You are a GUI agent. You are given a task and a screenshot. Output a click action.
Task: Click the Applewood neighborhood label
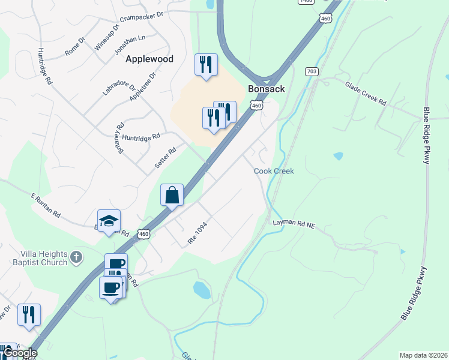click(x=149, y=59)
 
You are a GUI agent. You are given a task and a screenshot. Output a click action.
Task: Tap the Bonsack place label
click(x=266, y=89)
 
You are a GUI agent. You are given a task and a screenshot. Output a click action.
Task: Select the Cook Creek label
click(x=274, y=171)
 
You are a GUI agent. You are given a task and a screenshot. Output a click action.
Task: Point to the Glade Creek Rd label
click(x=365, y=94)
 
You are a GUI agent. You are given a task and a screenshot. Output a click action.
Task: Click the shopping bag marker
click(x=172, y=196)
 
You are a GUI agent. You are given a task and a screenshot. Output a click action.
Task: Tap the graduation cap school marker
click(x=109, y=221)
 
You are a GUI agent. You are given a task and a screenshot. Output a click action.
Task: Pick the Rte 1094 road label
click(x=197, y=233)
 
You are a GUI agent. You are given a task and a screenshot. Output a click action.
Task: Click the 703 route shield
click(x=311, y=71)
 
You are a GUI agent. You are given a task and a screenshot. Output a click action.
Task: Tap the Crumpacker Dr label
click(x=142, y=16)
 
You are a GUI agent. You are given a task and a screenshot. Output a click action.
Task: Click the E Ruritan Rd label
click(x=46, y=205)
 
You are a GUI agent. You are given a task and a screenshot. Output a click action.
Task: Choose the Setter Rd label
click(x=164, y=157)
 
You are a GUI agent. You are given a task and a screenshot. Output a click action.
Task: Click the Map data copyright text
click(x=423, y=355)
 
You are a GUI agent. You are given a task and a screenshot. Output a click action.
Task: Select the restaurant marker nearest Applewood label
click(x=206, y=65)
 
